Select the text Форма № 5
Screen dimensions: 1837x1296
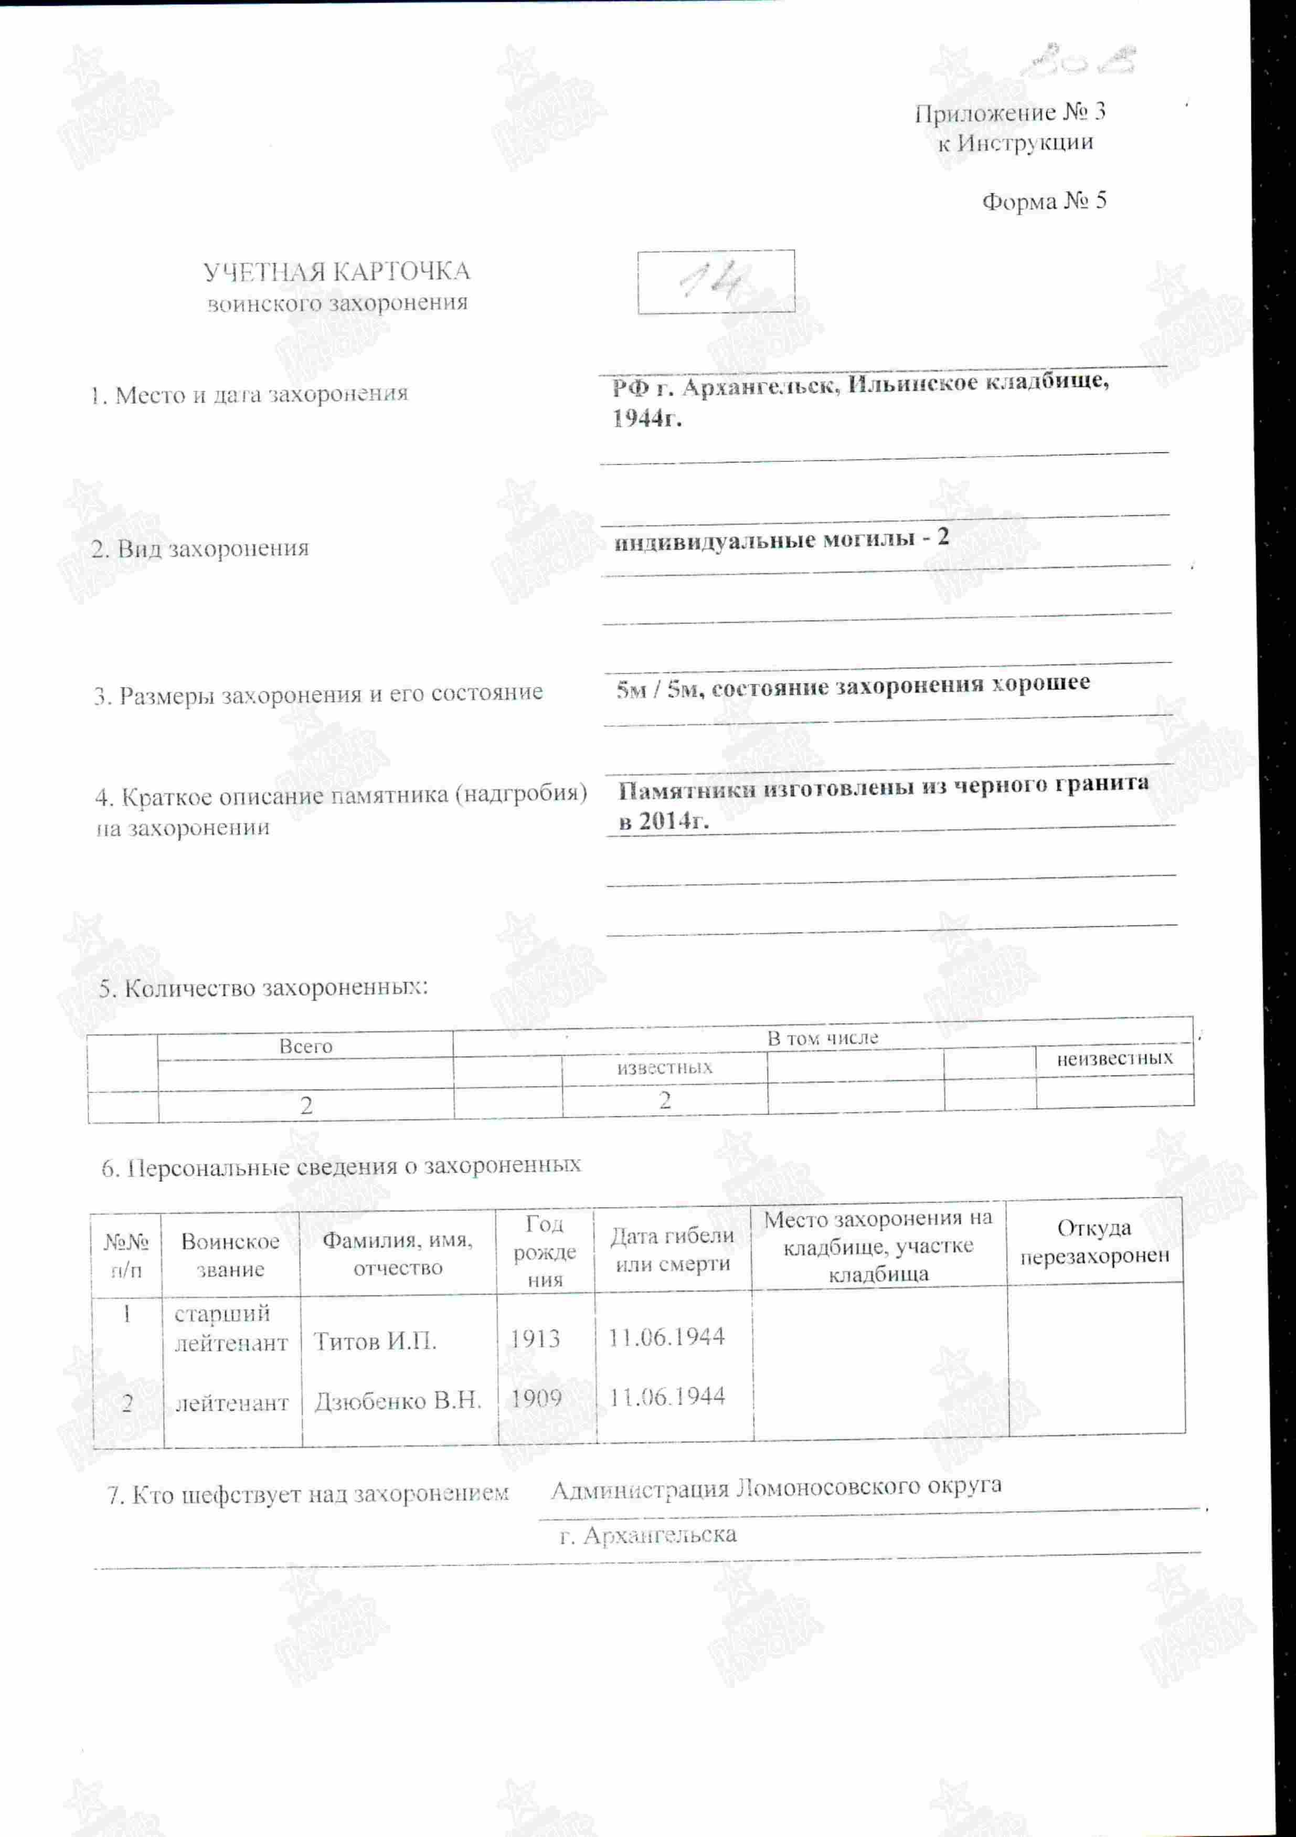coord(1044,201)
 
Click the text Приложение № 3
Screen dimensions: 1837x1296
coord(1010,113)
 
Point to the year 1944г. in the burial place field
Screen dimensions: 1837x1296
coord(646,418)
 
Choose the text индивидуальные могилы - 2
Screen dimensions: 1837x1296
coord(781,539)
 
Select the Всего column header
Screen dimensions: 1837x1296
coord(305,1046)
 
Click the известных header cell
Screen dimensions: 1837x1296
coord(664,1068)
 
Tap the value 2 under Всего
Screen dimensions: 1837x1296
coord(305,1105)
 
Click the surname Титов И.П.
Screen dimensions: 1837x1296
coord(375,1342)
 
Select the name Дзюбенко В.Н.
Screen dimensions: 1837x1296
coord(398,1401)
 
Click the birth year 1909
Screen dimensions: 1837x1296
coord(536,1399)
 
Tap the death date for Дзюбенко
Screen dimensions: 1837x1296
coord(666,1397)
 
